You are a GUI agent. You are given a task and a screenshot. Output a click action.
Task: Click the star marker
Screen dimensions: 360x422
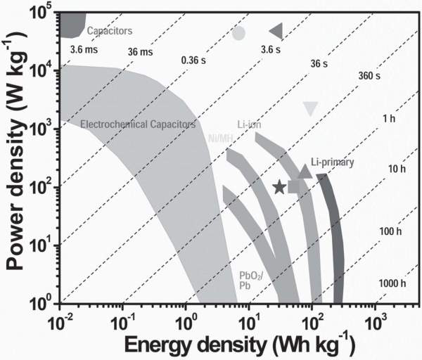coord(279,187)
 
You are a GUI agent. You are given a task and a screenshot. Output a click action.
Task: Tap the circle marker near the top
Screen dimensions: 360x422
coord(239,33)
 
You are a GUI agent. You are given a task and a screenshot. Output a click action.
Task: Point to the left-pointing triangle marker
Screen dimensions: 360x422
coord(276,30)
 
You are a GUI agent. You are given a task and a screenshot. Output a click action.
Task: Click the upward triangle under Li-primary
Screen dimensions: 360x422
coord(305,172)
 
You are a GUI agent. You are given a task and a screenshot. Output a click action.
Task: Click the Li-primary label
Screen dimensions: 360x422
coord(331,162)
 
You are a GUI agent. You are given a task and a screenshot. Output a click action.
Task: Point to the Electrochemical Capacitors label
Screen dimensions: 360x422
coord(137,124)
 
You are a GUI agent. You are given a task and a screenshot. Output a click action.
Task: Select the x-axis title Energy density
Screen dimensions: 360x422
coord(226,345)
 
